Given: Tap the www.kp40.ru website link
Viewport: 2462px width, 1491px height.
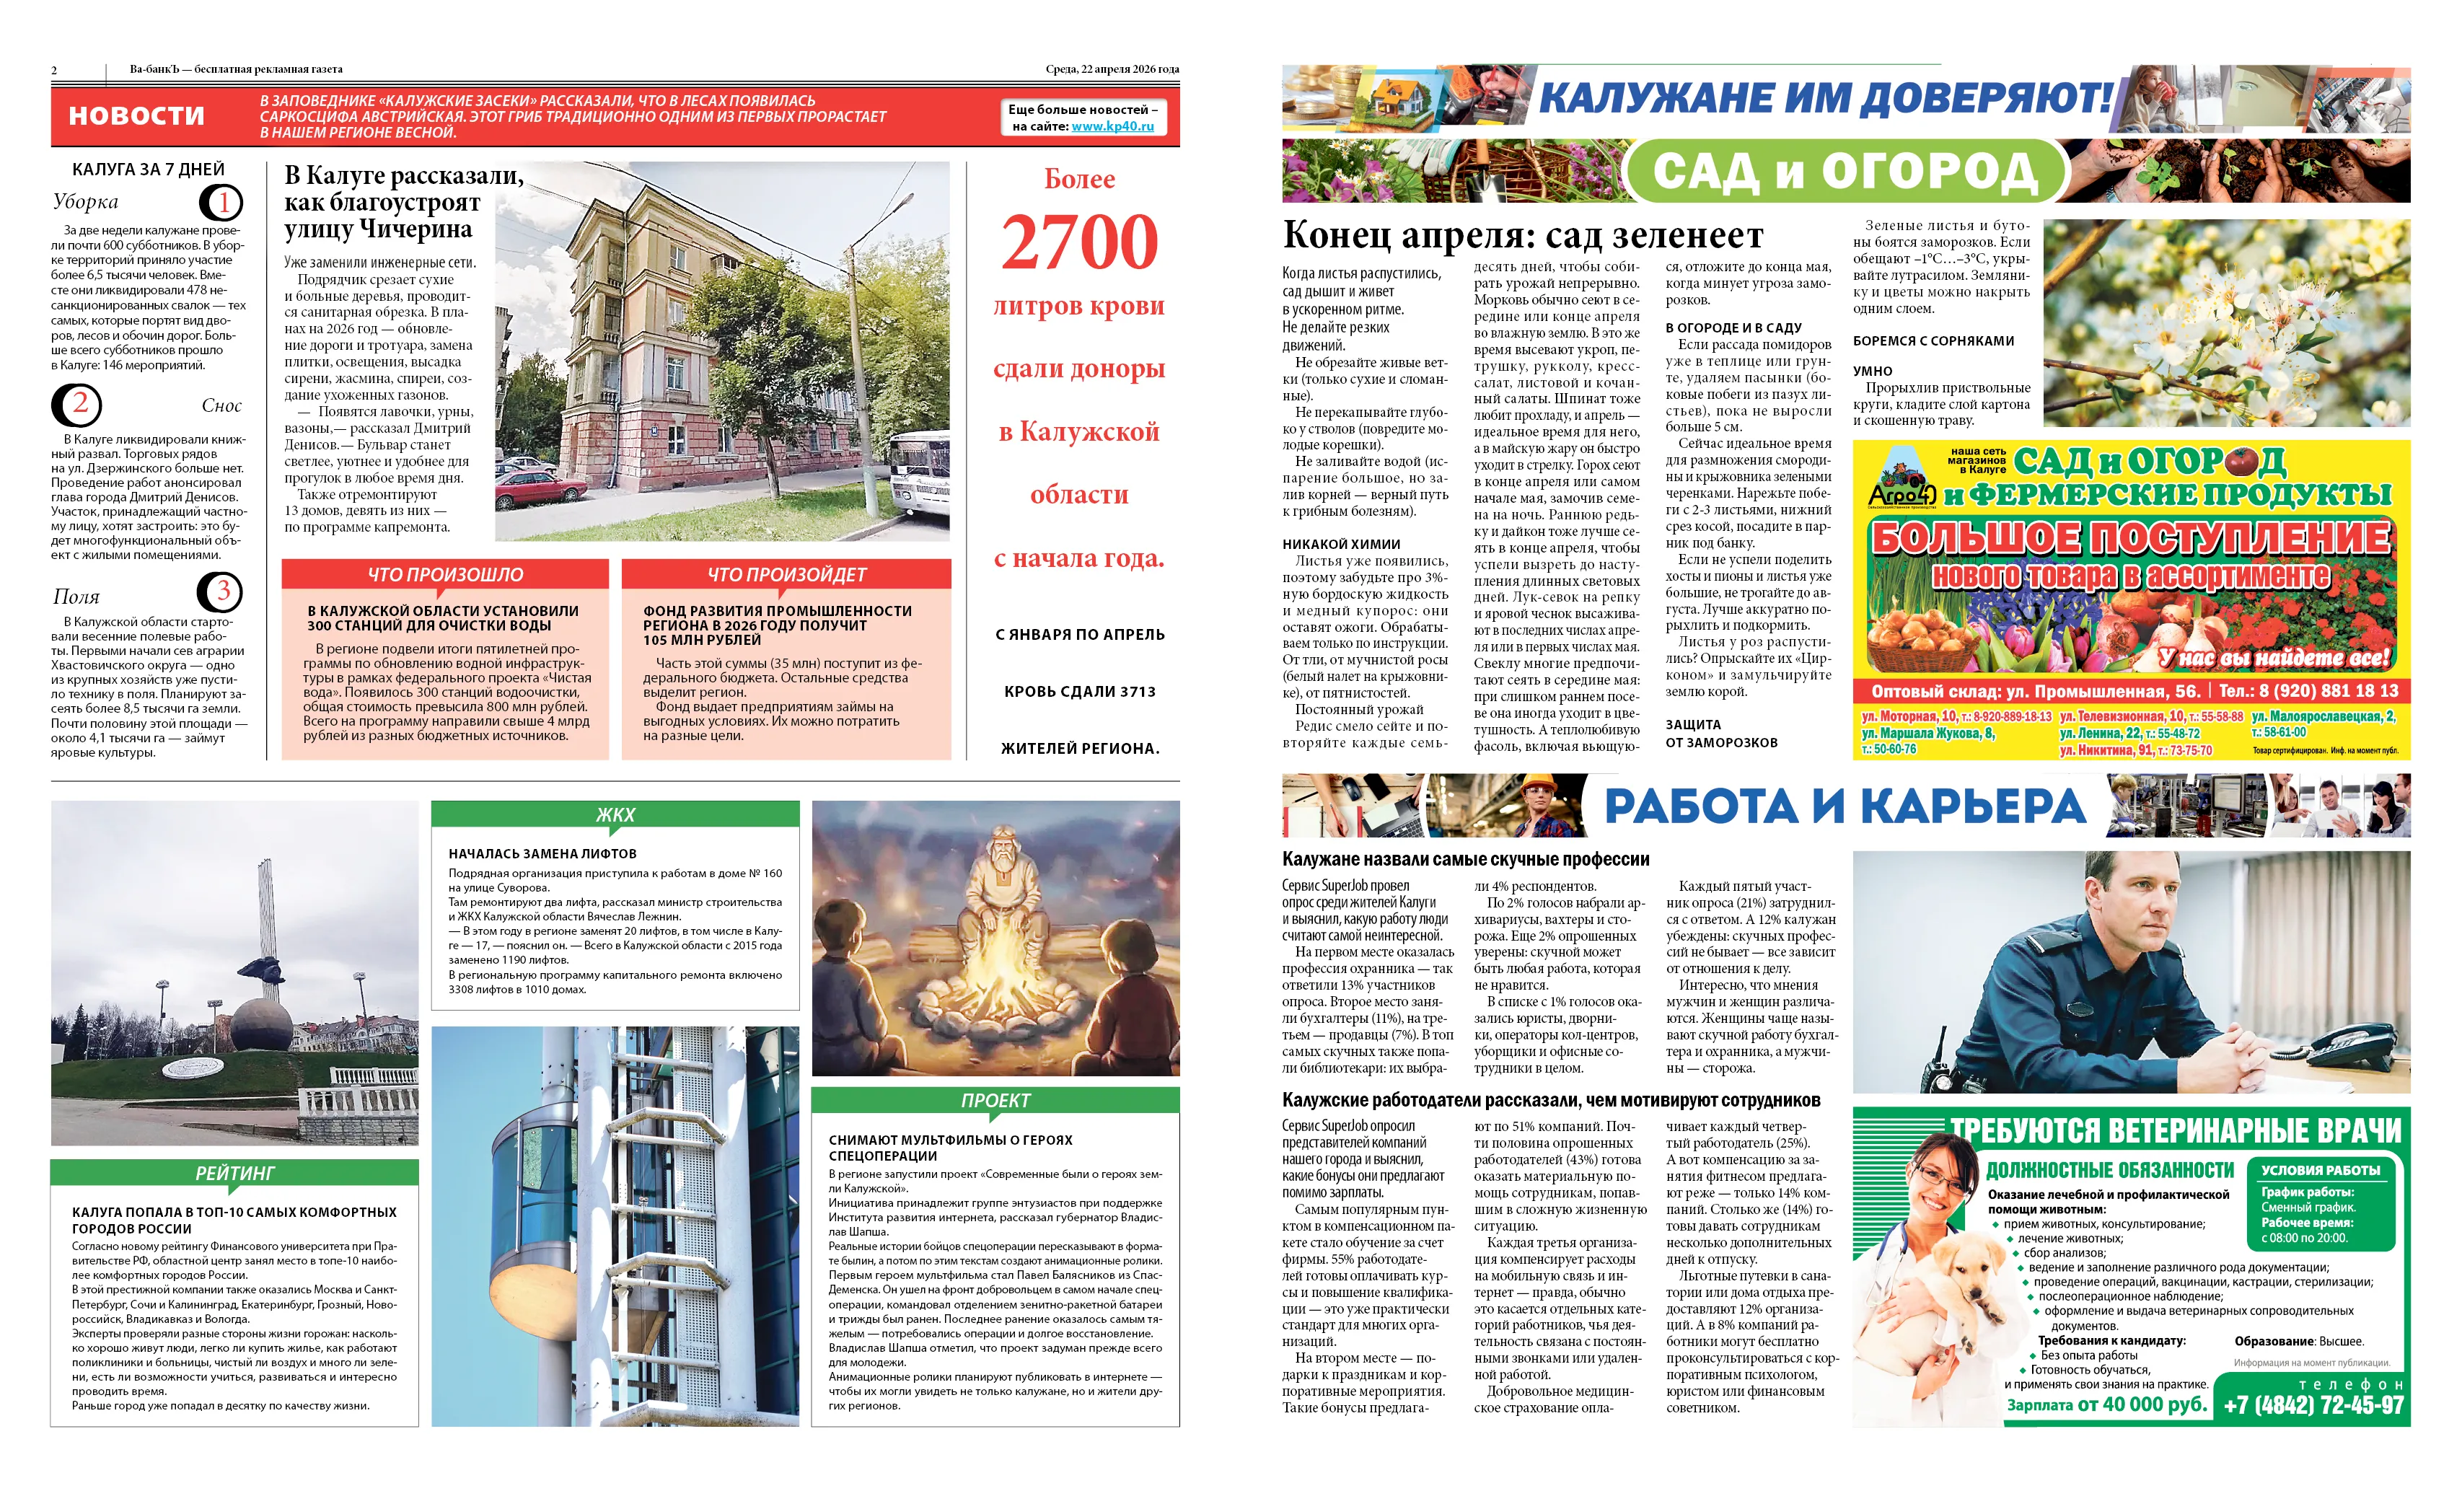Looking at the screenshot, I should pos(1112,127).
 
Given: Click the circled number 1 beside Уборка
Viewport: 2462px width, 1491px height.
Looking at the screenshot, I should pos(222,203).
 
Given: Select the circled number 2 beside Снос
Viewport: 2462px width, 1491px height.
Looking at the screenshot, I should pos(77,405).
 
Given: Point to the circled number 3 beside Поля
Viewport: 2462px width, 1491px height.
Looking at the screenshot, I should pos(220,591).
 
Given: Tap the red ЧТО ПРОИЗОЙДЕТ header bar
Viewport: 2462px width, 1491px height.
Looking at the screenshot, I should pos(786,575).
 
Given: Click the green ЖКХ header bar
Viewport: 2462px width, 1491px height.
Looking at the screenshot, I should pos(615,814).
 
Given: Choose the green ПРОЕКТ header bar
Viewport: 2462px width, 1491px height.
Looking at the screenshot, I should pos(995,1100).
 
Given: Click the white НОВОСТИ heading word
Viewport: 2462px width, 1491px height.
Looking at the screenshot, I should pos(137,116).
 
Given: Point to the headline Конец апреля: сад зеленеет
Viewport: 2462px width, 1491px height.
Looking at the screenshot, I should pos(1523,236).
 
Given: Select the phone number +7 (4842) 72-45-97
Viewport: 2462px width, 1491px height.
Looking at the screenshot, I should pos(2312,1404).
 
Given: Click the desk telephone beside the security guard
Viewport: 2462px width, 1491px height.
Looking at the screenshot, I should pos(2338,1045).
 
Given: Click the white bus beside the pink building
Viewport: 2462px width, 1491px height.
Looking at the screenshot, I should pos(921,480).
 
